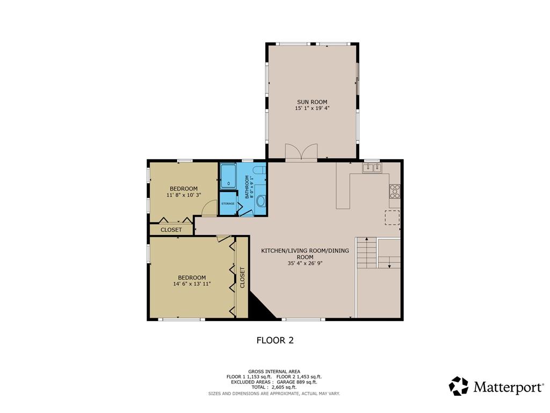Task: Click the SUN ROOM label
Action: click(x=312, y=102)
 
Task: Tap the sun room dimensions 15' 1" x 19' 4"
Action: click(x=312, y=108)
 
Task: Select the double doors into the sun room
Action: click(x=301, y=152)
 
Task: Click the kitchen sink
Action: click(x=372, y=168)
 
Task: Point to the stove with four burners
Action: click(x=394, y=191)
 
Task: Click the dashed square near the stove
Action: click(x=392, y=217)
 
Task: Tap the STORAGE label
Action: click(x=228, y=204)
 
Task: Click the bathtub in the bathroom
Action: click(x=228, y=176)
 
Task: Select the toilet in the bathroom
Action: click(x=259, y=170)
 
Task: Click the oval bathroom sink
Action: click(x=260, y=201)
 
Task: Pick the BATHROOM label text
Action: click(x=247, y=187)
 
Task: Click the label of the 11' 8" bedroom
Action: click(x=184, y=189)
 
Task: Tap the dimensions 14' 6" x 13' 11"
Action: click(x=192, y=284)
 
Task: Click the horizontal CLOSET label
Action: click(x=171, y=230)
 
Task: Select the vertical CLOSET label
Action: click(x=242, y=277)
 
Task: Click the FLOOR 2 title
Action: click(x=275, y=340)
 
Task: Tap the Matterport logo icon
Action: click(x=459, y=386)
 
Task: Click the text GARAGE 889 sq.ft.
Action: click(x=296, y=382)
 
